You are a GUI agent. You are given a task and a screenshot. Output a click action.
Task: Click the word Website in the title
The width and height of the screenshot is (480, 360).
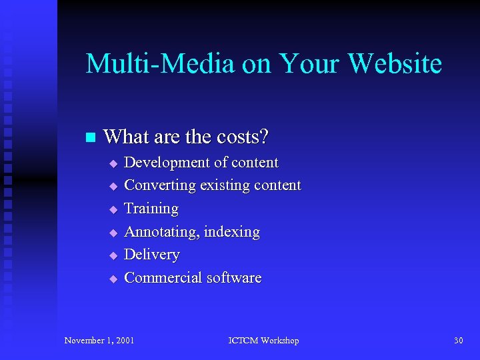[395, 64]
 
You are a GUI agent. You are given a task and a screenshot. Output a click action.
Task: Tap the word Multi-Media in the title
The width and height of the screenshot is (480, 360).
[160, 64]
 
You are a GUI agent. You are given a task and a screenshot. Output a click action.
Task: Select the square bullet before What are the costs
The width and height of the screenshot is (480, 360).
[91, 138]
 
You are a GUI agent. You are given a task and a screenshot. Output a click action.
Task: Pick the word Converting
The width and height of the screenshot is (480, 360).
[159, 185]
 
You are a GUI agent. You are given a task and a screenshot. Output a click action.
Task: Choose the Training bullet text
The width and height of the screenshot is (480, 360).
[151, 209]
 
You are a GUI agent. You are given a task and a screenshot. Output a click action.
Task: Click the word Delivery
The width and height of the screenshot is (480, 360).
[152, 255]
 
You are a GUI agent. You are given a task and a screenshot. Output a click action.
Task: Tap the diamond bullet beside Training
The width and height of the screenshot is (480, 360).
[113, 210]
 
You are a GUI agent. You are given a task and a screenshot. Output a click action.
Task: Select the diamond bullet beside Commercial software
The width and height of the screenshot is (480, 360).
[113, 279]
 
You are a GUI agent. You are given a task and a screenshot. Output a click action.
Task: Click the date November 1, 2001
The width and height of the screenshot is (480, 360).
[99, 341]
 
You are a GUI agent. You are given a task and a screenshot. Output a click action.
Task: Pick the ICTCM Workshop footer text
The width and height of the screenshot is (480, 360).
[263, 341]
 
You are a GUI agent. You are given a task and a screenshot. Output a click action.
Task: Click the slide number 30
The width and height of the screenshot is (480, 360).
[458, 341]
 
